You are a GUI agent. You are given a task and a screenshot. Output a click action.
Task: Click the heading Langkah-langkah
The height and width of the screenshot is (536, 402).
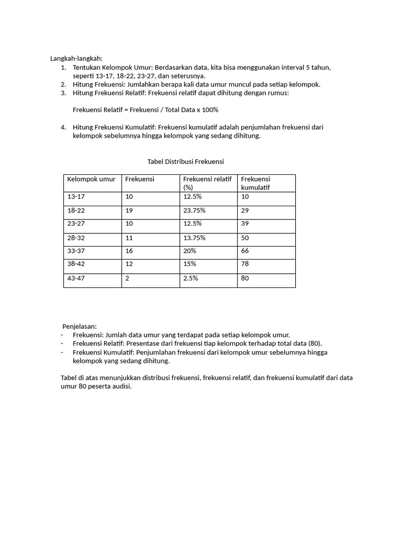point(77,58)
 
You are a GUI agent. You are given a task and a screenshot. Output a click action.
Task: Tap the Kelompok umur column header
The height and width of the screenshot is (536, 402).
point(91,179)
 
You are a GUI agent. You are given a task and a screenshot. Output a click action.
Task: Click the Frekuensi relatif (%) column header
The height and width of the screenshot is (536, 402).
point(207,183)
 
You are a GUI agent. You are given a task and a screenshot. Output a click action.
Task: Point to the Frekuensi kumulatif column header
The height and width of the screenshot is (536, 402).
point(255,183)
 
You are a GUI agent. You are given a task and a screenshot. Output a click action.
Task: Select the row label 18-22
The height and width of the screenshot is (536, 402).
point(76,210)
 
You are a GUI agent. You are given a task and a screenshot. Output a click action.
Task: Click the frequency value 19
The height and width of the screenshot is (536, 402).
point(129,210)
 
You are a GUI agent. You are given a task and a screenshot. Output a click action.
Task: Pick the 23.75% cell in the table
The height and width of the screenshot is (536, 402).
point(194,210)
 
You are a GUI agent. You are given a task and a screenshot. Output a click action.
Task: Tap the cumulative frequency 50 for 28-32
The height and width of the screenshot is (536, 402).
point(245,237)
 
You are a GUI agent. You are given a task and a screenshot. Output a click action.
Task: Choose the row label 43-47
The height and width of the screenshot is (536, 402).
point(76,278)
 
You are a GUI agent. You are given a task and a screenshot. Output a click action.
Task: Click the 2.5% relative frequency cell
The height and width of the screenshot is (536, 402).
point(191,278)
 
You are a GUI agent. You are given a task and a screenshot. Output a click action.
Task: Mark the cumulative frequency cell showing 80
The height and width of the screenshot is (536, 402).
point(245,278)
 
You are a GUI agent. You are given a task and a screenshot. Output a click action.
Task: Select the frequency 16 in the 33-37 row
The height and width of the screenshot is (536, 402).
point(129,251)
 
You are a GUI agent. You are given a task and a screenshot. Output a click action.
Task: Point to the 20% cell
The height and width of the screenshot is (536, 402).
point(189,251)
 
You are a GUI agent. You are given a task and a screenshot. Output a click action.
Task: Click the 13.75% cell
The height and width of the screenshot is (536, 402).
point(194,237)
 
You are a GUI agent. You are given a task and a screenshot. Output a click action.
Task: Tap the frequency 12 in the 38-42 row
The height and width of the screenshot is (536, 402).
point(129,264)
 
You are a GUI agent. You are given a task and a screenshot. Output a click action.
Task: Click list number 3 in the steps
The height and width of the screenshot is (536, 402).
point(63,93)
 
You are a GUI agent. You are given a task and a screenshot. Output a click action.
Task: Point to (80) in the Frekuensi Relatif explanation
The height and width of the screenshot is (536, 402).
point(314,343)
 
